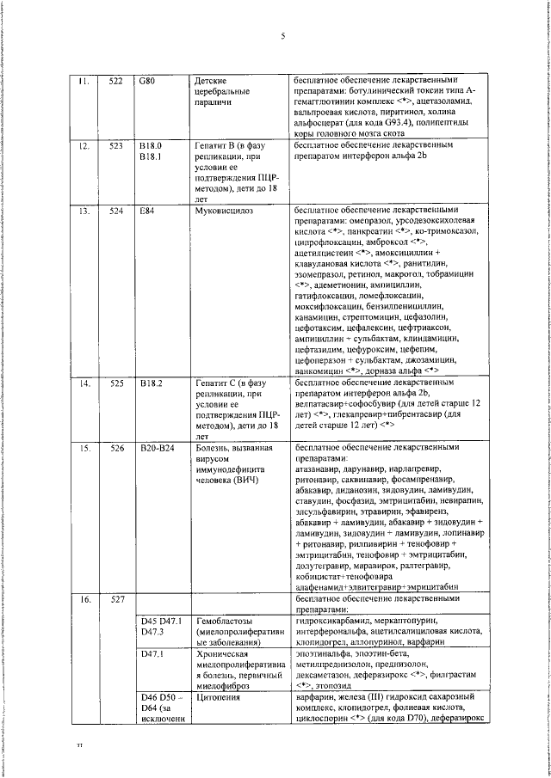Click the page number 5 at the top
click(x=282, y=36)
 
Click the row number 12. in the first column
click(x=84, y=146)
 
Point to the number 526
click(x=115, y=448)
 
